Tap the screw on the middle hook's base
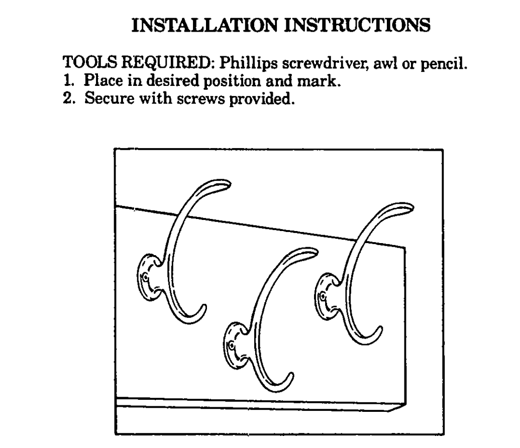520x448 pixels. point(231,346)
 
